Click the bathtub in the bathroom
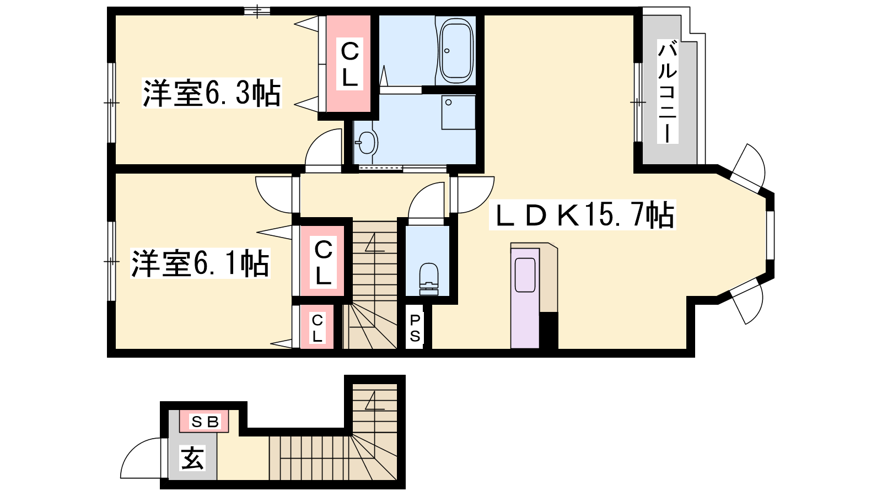[x=456, y=50]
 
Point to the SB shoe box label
[x=205, y=422]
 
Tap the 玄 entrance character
[x=192, y=458]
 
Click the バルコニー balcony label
[x=668, y=94]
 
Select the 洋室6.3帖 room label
[x=212, y=93]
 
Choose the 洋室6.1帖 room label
[x=200, y=263]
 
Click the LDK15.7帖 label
[x=582, y=215]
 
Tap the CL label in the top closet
[x=349, y=64]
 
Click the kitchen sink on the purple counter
[x=525, y=275]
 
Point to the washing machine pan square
[x=458, y=112]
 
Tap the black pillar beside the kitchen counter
[x=548, y=331]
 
